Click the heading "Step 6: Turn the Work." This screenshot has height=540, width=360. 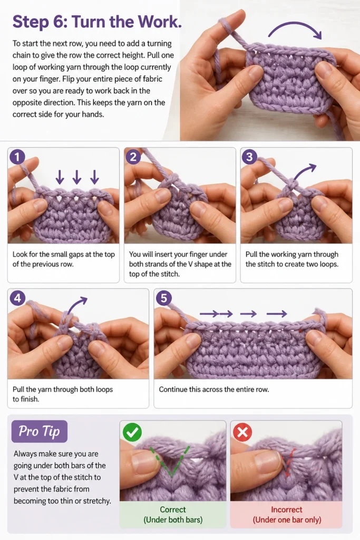[96, 22]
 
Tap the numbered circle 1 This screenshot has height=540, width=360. [17, 157]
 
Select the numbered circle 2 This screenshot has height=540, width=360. [133, 157]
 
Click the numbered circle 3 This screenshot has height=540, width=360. [249, 157]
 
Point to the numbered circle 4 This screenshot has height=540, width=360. [17, 298]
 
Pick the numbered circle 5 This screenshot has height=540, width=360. [164, 298]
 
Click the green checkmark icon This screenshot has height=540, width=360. [132, 432]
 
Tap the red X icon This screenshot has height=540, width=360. [242, 432]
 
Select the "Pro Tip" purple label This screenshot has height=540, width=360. [39, 431]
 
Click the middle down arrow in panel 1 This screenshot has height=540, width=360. [77, 177]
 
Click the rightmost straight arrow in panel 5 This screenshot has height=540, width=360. [277, 313]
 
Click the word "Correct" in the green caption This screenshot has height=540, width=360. [173, 509]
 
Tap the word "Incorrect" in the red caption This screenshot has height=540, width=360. [287, 509]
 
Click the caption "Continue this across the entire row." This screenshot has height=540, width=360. [213, 390]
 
